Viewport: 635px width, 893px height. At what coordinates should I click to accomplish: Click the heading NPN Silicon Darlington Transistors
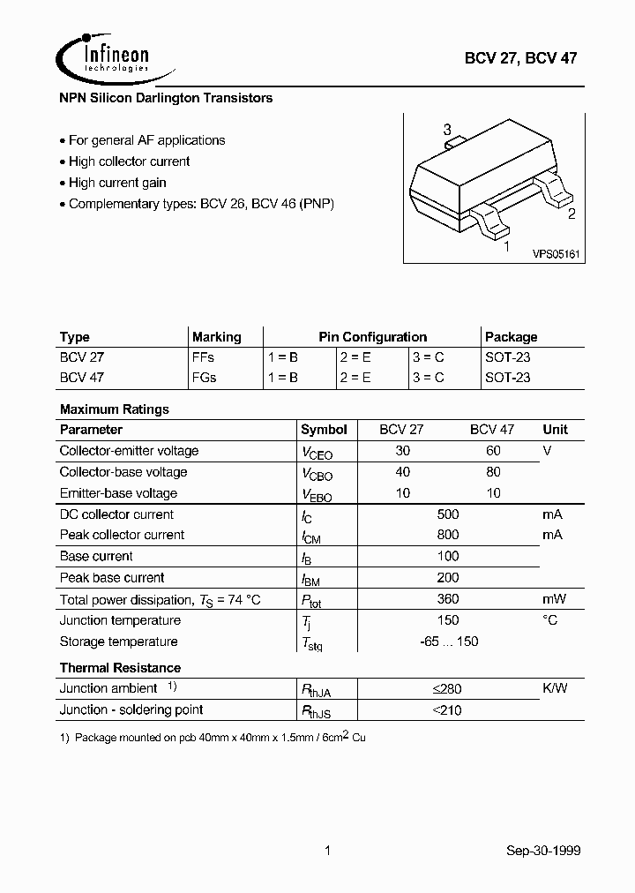pos(166,98)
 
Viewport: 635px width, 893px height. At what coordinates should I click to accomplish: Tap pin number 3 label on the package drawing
pos(447,129)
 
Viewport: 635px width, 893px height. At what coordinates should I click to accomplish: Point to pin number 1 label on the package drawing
pos(505,247)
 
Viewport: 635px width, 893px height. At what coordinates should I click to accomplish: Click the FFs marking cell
pos(203,357)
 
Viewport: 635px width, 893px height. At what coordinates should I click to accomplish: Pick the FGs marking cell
pos(204,377)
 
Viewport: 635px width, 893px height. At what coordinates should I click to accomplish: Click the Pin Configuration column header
pos(372,337)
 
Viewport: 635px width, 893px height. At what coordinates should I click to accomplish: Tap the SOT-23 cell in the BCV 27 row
pos(508,357)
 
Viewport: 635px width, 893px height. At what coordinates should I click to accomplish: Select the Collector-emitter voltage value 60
pos(493,451)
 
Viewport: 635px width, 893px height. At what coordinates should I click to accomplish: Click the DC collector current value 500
pos(447,514)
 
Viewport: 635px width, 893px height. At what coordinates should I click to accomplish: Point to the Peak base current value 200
pos(447,578)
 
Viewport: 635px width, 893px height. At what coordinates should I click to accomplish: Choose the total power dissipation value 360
pos(447,599)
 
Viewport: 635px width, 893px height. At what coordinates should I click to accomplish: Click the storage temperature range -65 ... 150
pos(449,642)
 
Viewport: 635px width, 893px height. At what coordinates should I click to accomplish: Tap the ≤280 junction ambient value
pos(447,688)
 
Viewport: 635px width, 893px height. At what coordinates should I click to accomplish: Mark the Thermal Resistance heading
pos(120,668)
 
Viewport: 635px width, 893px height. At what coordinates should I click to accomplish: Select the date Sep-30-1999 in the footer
pos(543,851)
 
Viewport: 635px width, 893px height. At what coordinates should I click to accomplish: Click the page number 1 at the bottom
pos(327,851)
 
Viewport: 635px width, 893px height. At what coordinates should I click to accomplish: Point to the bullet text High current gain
pos(117,183)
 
